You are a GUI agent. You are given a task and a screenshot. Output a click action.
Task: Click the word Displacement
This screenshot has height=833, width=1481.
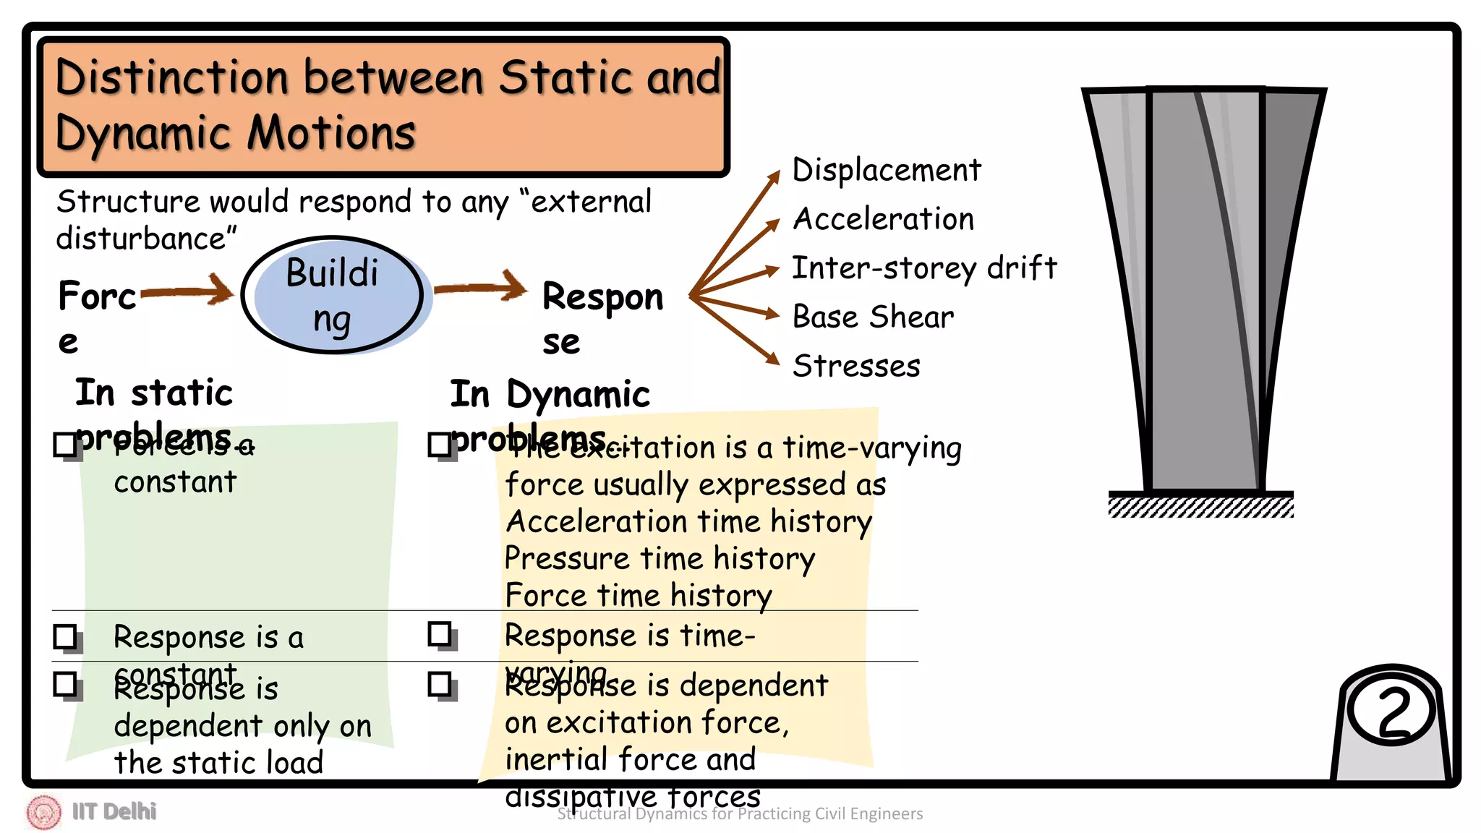pyautogui.click(x=886, y=171)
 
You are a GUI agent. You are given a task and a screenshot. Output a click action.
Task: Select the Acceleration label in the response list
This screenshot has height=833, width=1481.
pyautogui.click(x=883, y=219)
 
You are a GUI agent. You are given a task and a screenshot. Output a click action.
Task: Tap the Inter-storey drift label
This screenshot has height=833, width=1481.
pyautogui.click(x=923, y=268)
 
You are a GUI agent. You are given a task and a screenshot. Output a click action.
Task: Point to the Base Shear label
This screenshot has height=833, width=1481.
pyautogui.click(x=873, y=317)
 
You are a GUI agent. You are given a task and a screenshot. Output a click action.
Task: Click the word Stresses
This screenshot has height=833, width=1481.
pyautogui.click(x=856, y=366)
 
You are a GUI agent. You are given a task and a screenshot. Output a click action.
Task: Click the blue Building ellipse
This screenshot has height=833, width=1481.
pyautogui.click(x=333, y=295)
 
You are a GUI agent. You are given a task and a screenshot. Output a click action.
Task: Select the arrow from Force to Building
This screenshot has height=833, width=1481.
pyautogui.click(x=187, y=291)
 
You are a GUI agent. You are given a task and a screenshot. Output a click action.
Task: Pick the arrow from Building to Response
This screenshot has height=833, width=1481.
pyautogui.click(x=481, y=287)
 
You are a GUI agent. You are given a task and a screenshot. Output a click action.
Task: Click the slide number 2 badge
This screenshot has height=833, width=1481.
pyautogui.click(x=1392, y=712)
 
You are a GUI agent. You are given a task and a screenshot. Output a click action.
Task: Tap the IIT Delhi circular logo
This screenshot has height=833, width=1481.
pyautogui.click(x=43, y=811)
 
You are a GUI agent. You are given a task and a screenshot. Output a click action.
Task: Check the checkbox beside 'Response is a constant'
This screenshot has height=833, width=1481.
pyautogui.click(x=66, y=637)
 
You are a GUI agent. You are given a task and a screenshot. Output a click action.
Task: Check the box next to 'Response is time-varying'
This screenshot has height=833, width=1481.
pyautogui.click(x=440, y=634)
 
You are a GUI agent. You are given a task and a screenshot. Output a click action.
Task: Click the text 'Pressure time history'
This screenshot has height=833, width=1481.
pyautogui.click(x=659, y=558)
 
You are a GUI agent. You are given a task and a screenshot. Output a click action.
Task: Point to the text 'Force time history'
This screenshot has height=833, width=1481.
pyautogui.click(x=638, y=595)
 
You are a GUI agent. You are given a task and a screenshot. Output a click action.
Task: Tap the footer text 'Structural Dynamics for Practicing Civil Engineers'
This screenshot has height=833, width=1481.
pyautogui.click(x=740, y=814)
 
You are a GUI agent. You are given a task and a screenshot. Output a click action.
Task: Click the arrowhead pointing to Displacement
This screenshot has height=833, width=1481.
pyautogui.click(x=774, y=176)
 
